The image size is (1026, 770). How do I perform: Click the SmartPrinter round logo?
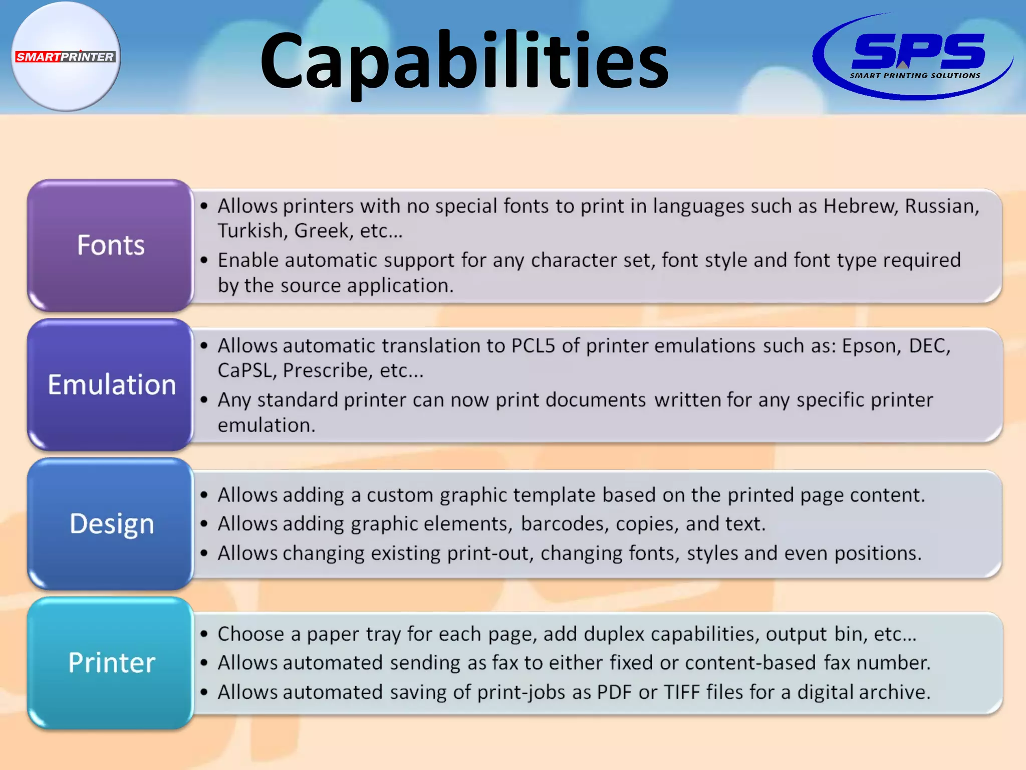tap(66, 56)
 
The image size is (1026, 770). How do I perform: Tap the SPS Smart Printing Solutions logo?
tap(913, 56)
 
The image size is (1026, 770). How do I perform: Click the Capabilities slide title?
tap(464, 60)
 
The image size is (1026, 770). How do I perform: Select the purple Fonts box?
tap(111, 245)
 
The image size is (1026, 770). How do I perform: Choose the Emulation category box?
tap(111, 384)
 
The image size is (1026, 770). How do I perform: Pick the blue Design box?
tap(111, 524)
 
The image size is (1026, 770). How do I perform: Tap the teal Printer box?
tap(111, 663)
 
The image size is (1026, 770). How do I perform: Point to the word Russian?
tap(941, 206)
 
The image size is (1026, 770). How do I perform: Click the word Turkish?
tap(252, 231)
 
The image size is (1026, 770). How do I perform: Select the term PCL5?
tap(533, 346)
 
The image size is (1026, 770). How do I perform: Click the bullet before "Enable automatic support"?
tap(204, 261)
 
